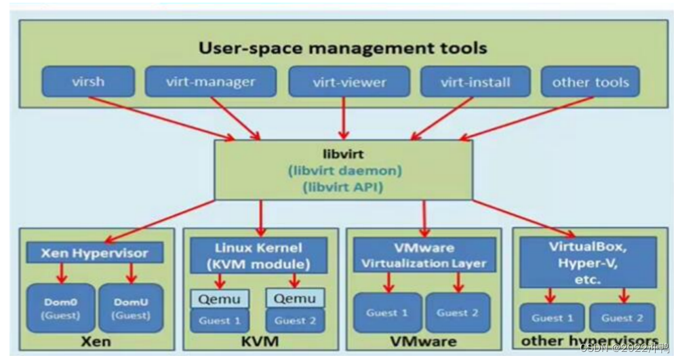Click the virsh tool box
(x=88, y=82)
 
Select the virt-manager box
(x=210, y=82)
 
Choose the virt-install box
(x=475, y=82)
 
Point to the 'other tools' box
(x=591, y=82)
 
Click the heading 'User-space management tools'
(x=342, y=47)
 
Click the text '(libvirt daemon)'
(x=343, y=170)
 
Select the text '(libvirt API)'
(x=343, y=186)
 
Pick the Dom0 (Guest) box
(x=62, y=306)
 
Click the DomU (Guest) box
(x=130, y=306)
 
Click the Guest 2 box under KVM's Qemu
(x=295, y=320)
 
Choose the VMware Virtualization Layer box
(x=424, y=256)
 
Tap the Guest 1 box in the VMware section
(x=386, y=313)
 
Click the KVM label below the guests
(x=260, y=340)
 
